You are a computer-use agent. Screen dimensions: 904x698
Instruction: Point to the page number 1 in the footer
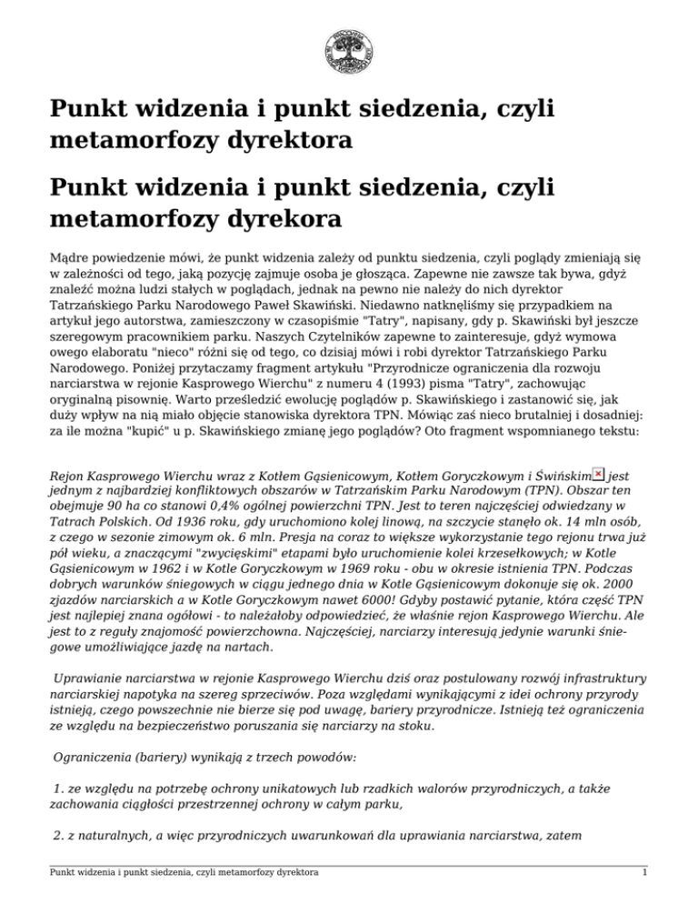(x=643, y=872)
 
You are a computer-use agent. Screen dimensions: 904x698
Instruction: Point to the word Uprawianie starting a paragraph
(x=91, y=678)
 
